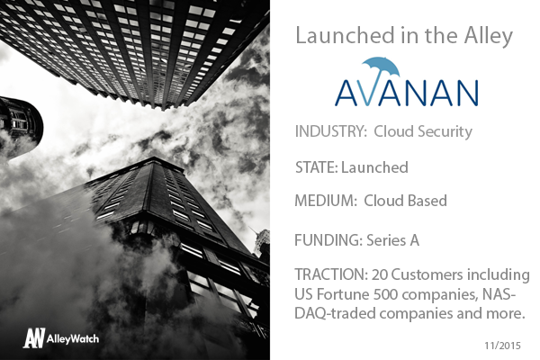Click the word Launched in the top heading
click(345, 35)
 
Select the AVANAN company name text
click(407, 93)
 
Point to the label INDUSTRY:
click(331, 131)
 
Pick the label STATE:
click(317, 167)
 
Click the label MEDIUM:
click(326, 201)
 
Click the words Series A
click(393, 240)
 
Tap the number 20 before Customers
click(380, 274)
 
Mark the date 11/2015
click(503, 346)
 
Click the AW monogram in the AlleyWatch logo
click(34, 337)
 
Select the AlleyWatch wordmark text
click(73, 339)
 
